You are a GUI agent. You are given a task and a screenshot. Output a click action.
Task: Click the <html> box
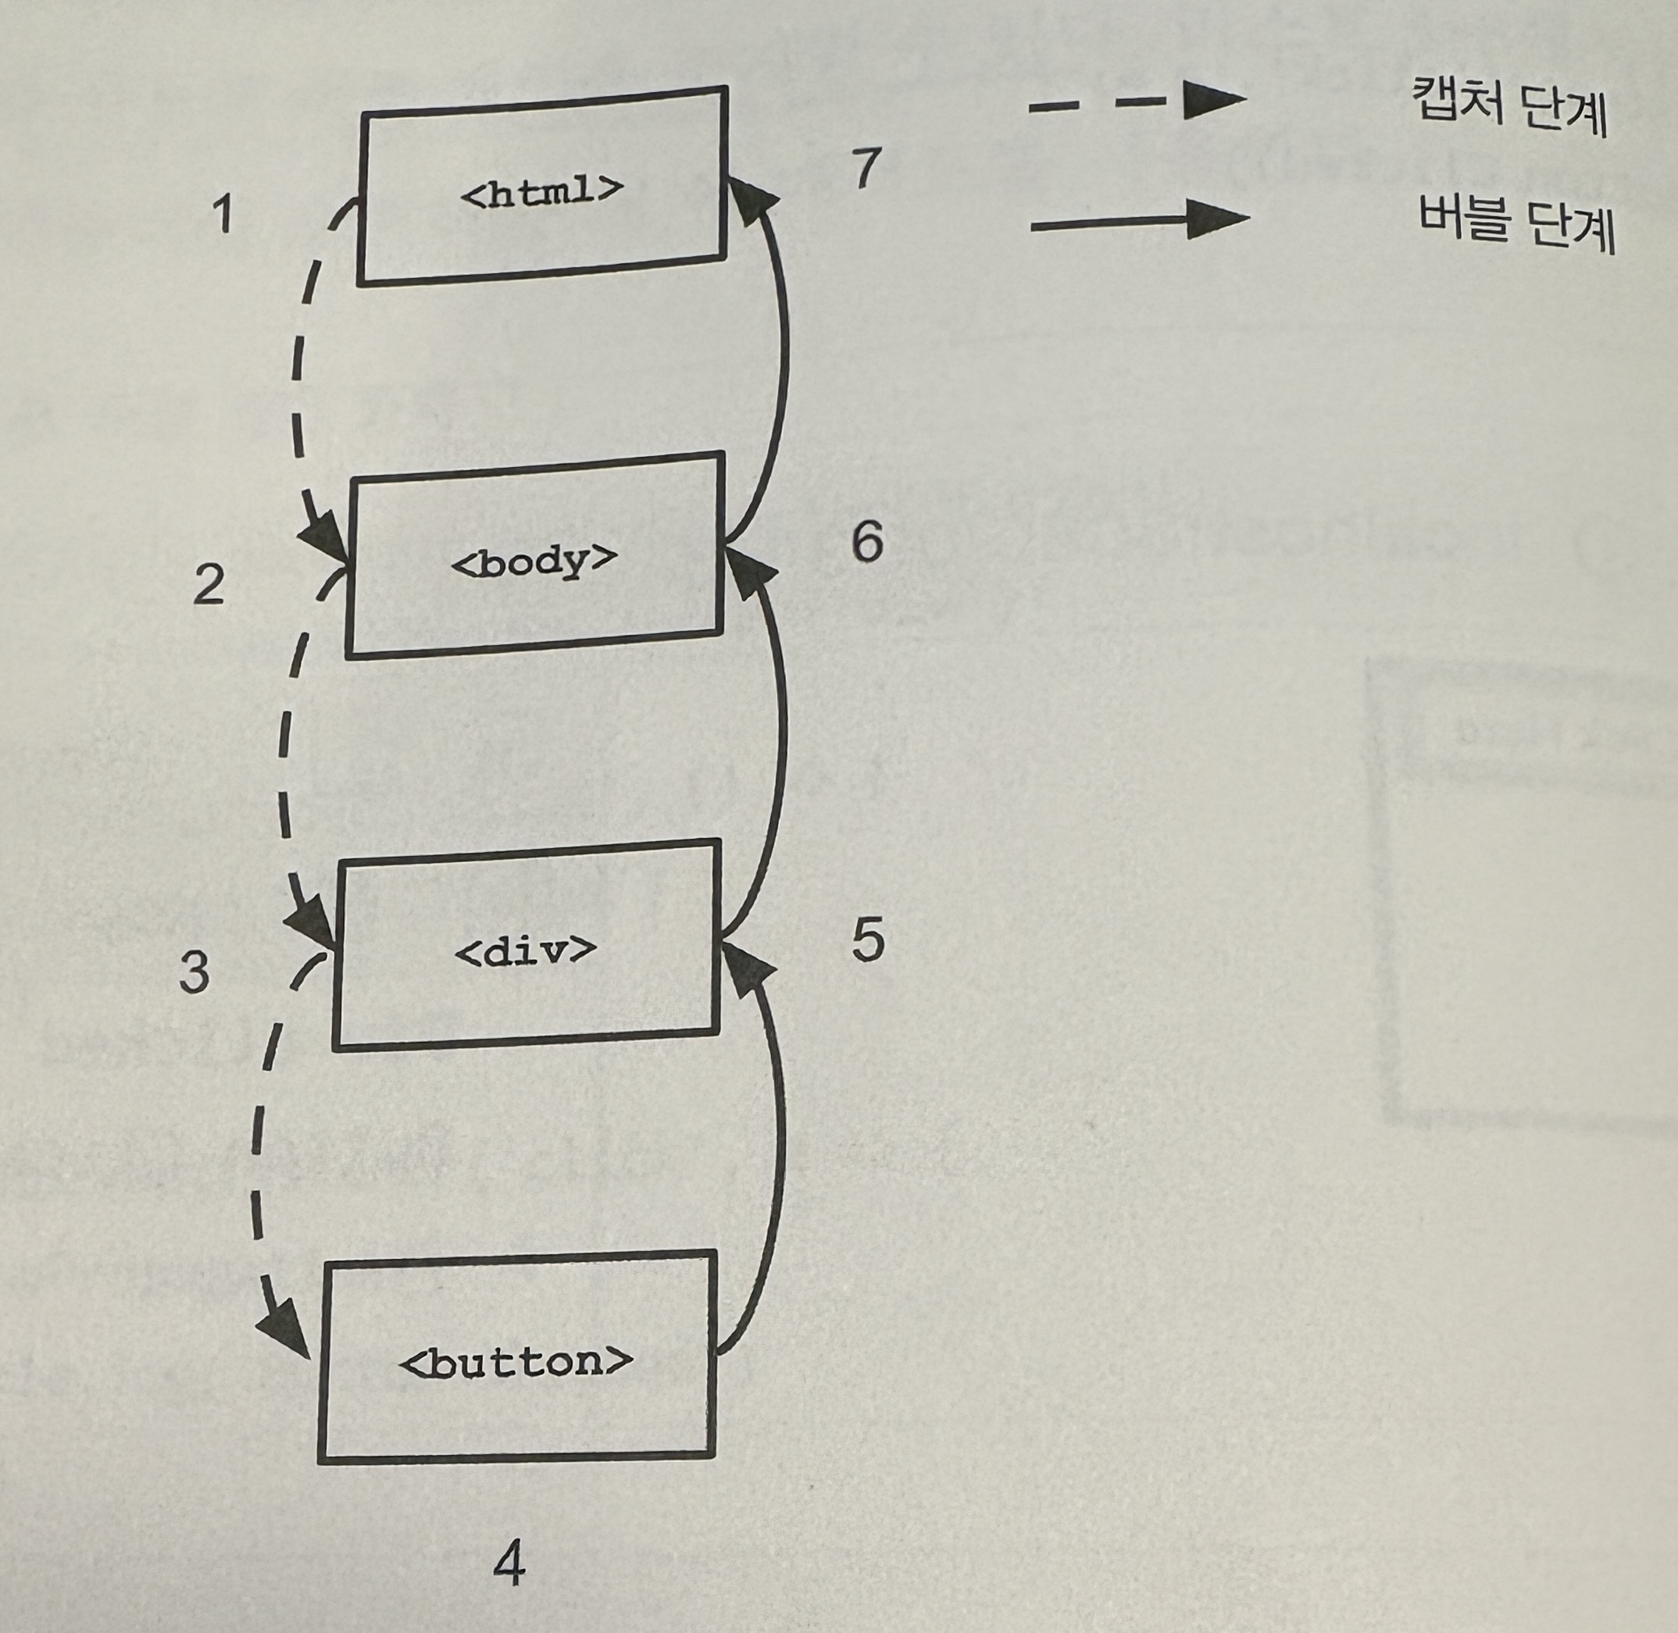coord(542,186)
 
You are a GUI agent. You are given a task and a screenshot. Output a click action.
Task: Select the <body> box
coord(534,558)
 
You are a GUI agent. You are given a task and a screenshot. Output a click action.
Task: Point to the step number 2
coord(209,585)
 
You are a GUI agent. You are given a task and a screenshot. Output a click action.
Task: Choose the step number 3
coord(194,972)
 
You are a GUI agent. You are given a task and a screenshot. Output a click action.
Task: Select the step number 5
coord(867,940)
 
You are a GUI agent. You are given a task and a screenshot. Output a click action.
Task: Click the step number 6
coord(866,542)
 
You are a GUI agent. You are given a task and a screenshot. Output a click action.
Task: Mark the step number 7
coord(866,167)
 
